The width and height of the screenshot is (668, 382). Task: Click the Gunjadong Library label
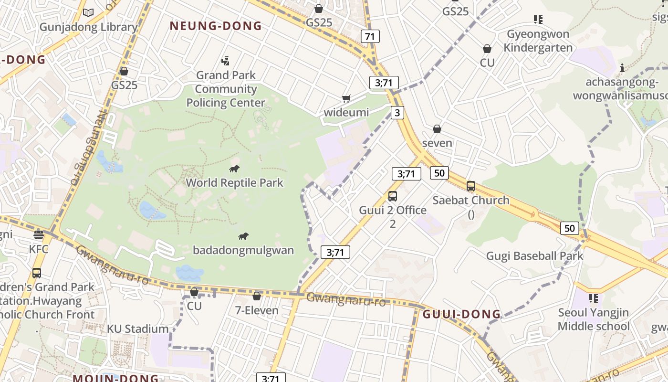88,27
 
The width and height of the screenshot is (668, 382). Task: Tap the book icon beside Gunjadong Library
88,12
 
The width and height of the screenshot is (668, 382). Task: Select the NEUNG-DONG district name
216,26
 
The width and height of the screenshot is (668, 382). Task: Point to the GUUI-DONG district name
461,314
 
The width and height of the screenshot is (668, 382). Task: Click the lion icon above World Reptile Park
234,169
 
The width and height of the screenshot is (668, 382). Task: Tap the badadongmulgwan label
243,250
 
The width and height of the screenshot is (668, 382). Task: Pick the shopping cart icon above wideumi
346,98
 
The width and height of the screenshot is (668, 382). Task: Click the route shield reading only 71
370,36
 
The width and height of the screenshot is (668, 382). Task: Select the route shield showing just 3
397,113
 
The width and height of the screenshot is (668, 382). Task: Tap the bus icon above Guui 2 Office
393,196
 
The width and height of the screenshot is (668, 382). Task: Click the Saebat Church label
471,200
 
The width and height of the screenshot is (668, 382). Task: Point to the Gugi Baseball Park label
534,256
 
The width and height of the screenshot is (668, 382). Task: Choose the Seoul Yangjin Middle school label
594,319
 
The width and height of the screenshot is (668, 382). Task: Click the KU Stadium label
137,329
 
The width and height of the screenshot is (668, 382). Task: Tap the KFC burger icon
39,234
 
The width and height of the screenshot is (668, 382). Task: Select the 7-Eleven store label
257,310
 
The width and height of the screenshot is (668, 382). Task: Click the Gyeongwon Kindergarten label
538,41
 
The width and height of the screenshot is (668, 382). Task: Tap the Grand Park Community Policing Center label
226,89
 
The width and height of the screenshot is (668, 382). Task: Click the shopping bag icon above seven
437,129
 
